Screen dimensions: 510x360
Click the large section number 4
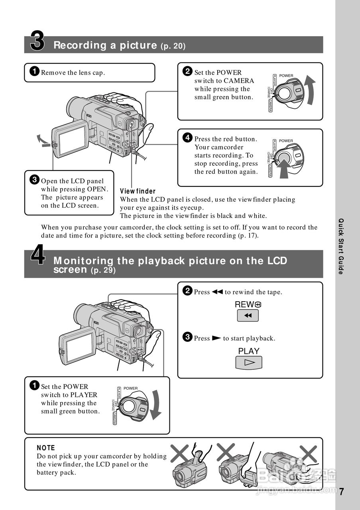coord(38,256)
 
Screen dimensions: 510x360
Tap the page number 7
coord(342,491)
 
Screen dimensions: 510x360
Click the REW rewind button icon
coord(248,316)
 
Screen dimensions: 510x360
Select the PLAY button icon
coord(249,362)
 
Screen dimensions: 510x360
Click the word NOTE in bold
coord(46,448)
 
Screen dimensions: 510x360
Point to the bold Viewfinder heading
coord(138,191)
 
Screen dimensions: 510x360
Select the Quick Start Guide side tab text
coord(341,246)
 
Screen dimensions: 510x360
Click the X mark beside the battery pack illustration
coord(308,453)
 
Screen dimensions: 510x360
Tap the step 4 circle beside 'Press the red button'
coord(187,138)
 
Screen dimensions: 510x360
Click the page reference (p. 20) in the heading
coord(173,46)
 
